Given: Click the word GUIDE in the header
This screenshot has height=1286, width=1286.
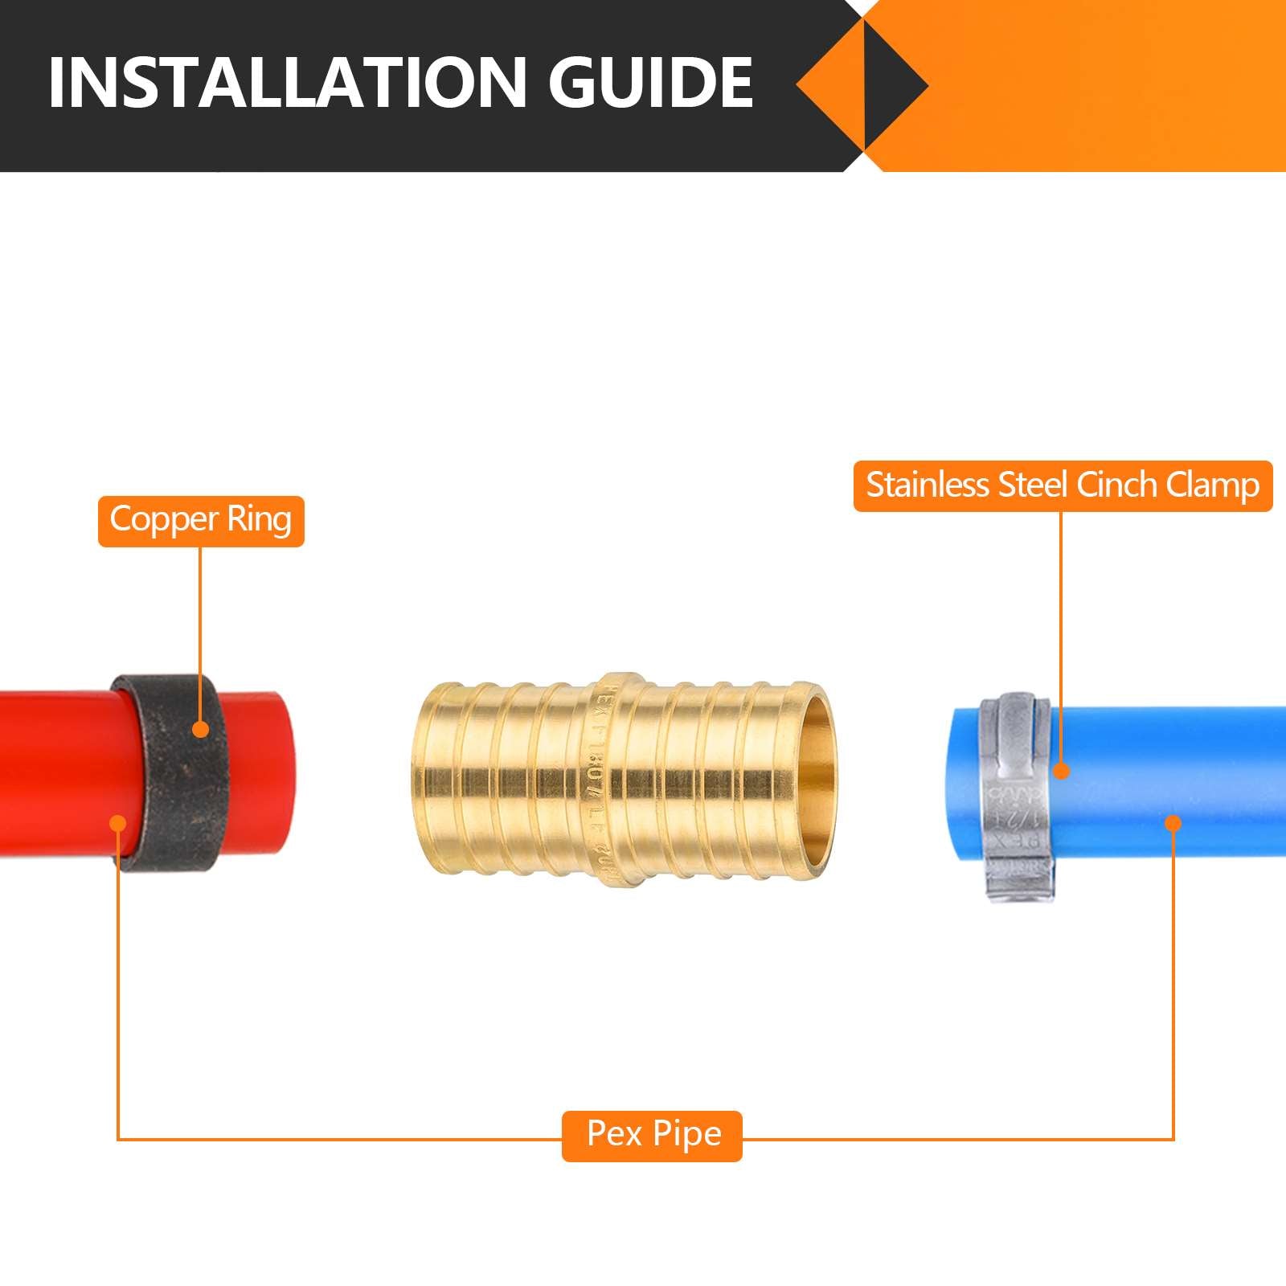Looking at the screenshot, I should click(x=651, y=82).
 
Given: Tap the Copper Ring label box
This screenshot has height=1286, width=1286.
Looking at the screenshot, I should click(x=201, y=521).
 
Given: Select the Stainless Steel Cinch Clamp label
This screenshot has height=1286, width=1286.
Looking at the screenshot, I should click(x=1063, y=485).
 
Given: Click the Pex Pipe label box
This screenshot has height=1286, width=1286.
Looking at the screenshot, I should click(x=652, y=1135).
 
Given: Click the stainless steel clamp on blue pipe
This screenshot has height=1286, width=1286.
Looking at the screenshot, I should click(x=1014, y=796).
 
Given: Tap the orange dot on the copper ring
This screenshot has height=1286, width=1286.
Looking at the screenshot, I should click(x=200, y=729).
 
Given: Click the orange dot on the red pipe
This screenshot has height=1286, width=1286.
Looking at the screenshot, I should click(x=118, y=823).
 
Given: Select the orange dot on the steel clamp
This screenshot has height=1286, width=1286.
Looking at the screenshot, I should click(x=1062, y=772).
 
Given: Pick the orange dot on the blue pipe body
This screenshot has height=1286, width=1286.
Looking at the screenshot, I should click(x=1173, y=823).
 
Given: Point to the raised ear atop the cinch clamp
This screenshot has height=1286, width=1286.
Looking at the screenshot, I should click(x=1014, y=707).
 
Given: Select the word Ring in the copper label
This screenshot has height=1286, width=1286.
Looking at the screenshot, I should click(x=259, y=519).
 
